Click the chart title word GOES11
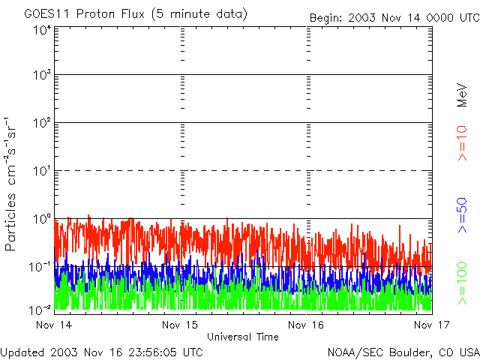(x=44, y=14)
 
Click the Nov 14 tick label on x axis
(x=55, y=325)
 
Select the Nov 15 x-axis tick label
(x=180, y=325)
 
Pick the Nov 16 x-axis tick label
(x=306, y=325)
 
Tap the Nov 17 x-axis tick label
(x=431, y=325)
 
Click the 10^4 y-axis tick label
(x=42, y=30)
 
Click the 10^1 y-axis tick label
(x=42, y=172)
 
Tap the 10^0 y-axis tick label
(x=42, y=219)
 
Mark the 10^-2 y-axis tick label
(x=40, y=308)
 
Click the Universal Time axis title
(x=243, y=337)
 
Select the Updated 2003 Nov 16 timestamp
(x=101, y=351)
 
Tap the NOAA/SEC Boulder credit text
(x=403, y=351)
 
